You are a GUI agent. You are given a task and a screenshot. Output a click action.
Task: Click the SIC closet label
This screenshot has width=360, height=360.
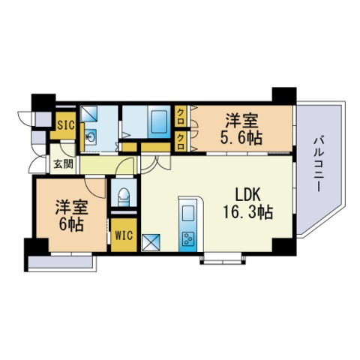tap(66, 124)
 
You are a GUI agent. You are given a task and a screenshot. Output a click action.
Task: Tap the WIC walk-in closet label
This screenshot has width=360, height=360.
tap(124, 235)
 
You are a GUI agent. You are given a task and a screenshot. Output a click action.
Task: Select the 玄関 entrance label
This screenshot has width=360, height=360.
tap(64, 164)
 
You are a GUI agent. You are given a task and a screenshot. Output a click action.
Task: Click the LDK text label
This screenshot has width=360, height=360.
tap(248, 195)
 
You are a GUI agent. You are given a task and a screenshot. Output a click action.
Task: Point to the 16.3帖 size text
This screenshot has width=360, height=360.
tap(247, 212)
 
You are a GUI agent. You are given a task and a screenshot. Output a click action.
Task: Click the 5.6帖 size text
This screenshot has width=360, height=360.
tap(241, 137)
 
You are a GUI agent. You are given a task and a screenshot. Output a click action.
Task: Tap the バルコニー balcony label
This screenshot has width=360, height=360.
tap(319, 164)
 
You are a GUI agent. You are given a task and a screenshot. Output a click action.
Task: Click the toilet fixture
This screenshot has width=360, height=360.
tap(124, 196)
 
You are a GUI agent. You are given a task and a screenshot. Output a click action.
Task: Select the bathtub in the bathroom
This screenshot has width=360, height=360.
tap(159, 122)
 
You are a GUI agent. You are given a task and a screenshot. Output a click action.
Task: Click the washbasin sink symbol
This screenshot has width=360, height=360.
tap(90, 137)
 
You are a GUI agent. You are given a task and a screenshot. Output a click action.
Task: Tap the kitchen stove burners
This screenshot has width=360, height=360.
tap(188, 238)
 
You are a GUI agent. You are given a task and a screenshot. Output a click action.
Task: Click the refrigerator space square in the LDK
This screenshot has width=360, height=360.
tap(151, 242)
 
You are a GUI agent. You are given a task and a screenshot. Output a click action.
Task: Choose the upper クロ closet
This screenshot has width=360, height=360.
tap(180, 117)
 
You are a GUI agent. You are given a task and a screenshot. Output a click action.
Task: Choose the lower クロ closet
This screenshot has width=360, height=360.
tap(180, 141)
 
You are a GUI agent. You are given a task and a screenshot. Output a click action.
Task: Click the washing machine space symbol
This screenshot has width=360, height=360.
tap(89, 113)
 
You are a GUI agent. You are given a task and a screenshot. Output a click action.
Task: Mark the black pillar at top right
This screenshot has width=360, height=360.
tap(284, 96)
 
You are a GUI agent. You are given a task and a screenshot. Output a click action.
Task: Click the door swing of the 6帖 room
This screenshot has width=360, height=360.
tap(96, 187)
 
